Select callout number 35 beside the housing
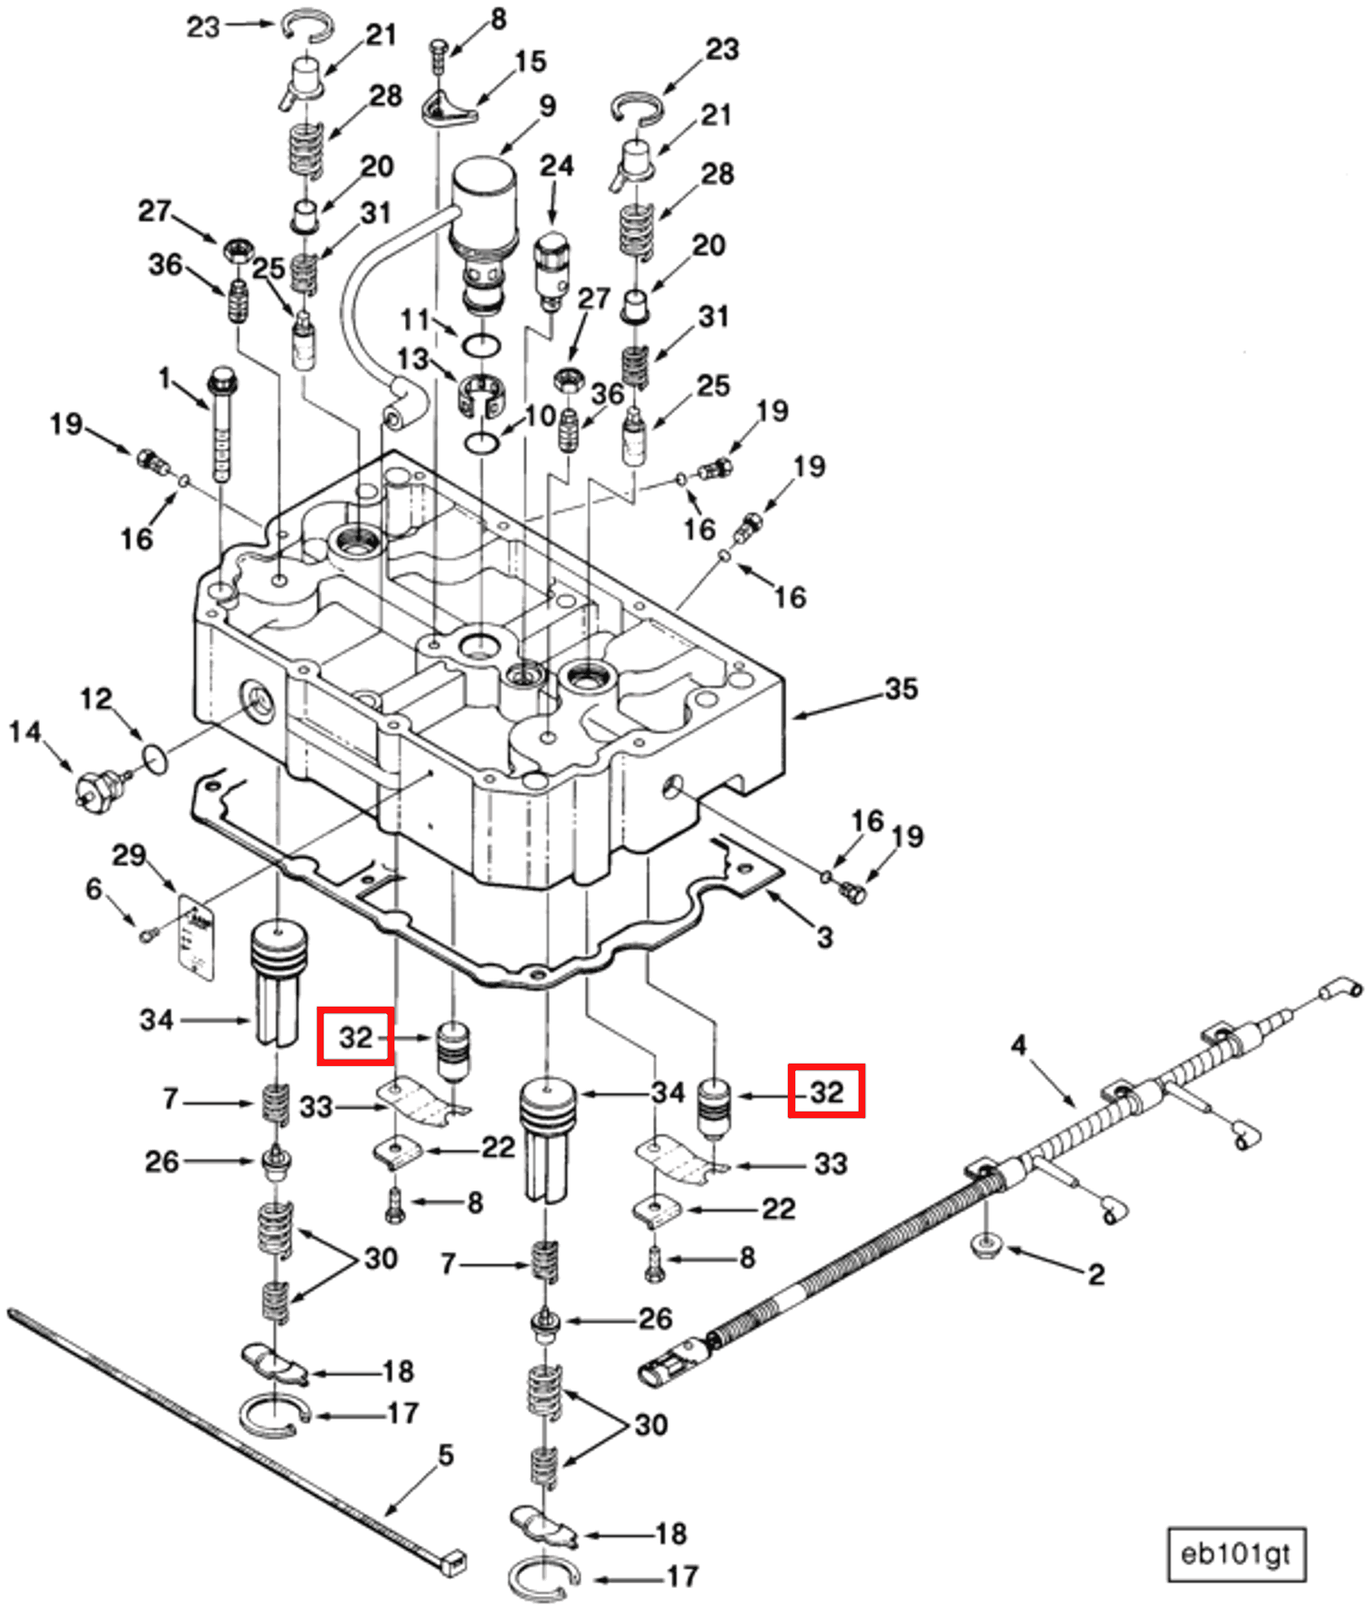pyautogui.click(x=901, y=689)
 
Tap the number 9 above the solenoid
pyautogui.click(x=548, y=107)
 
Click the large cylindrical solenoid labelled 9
pyautogui.click(x=485, y=207)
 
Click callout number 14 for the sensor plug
pyautogui.click(x=24, y=732)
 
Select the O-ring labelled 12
pyautogui.click(x=154, y=757)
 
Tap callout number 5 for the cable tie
pyautogui.click(x=445, y=1455)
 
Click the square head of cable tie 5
pyautogui.click(x=453, y=1560)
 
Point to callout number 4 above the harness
pyautogui.click(x=1019, y=1045)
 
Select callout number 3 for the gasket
pyautogui.click(x=824, y=938)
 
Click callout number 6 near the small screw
pyautogui.click(x=94, y=889)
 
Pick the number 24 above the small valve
pyautogui.click(x=557, y=166)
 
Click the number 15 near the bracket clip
pyautogui.click(x=530, y=62)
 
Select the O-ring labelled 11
pyautogui.click(x=481, y=346)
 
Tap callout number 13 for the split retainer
pyautogui.click(x=412, y=359)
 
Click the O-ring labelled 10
pyautogui.click(x=483, y=444)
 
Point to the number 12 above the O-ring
pyautogui.click(x=96, y=699)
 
